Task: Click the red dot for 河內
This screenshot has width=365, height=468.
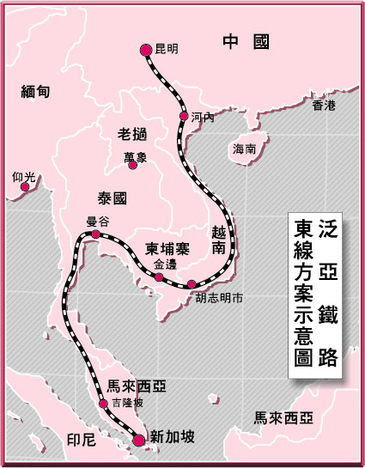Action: click(183, 115)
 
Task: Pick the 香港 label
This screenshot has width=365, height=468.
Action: click(323, 106)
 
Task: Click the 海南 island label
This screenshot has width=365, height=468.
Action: click(244, 149)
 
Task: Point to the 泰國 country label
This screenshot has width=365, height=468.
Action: click(113, 197)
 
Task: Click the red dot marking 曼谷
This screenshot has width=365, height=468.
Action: click(95, 233)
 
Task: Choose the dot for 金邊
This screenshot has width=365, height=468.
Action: click(159, 277)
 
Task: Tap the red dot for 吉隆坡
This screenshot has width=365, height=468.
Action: click(103, 401)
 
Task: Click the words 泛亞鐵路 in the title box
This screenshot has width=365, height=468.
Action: click(327, 293)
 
